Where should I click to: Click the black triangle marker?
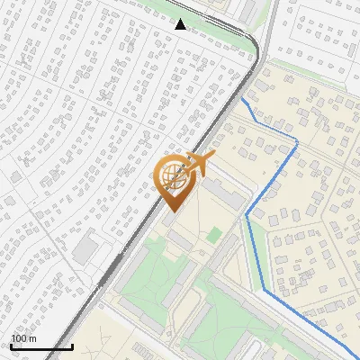181,23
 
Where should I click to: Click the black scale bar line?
41,346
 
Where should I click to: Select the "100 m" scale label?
23,338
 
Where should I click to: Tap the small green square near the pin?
213,234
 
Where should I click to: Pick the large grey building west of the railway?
86,249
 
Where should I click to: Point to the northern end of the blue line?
244,101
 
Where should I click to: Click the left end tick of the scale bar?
11,345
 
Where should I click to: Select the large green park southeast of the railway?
148,288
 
